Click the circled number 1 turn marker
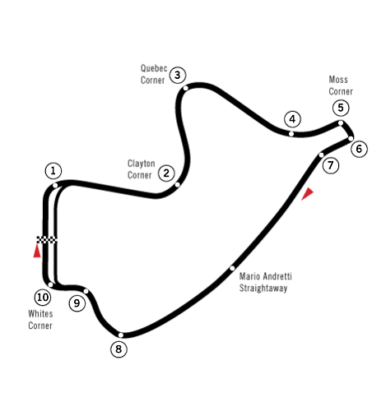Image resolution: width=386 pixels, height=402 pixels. pos(53,171)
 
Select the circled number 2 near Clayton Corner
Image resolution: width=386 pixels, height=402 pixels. pos(166,173)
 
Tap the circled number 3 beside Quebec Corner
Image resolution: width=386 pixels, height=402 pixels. pos(178,75)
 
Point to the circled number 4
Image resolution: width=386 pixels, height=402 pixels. pos(292,119)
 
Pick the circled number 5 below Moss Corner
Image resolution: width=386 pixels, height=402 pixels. pos(341,108)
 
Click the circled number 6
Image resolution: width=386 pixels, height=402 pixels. pos(359,149)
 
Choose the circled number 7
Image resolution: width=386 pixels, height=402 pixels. pos(331,165)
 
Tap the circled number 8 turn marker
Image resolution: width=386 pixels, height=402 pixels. pos(119,349)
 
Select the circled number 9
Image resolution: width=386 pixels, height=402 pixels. pos(77,303)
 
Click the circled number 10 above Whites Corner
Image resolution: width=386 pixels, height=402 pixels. pos(43,298)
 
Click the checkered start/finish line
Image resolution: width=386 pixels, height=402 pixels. pos(47,239)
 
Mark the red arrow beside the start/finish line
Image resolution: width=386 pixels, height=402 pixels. pos(37,251)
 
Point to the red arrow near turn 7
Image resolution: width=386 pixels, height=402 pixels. pos(307,194)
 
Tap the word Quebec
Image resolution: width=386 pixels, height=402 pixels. pos(154,68)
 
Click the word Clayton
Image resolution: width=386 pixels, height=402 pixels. pos(142,164)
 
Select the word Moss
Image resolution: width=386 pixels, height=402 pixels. pos(338,80)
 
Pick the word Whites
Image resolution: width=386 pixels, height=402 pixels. pos(40,314)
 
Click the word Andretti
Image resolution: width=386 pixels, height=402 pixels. pos(277,276)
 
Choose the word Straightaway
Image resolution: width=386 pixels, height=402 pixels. pos(263,289)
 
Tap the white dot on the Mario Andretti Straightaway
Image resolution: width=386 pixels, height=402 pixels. pos(232,268)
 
